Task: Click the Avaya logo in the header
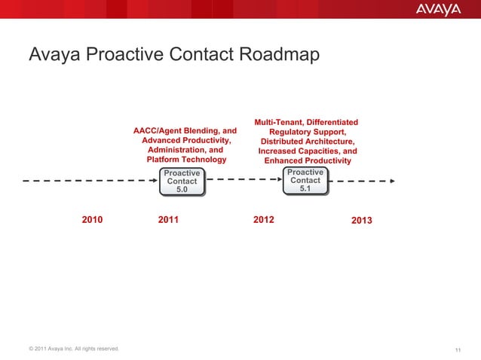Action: click(x=438, y=9)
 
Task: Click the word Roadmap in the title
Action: click(x=279, y=56)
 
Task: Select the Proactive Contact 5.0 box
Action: click(x=182, y=182)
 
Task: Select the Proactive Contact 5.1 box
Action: click(x=305, y=181)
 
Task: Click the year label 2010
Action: click(x=92, y=220)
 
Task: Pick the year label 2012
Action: click(x=264, y=220)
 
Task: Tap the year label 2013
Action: click(x=362, y=221)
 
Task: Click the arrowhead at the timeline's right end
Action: click(x=391, y=181)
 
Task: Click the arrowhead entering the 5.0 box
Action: click(x=152, y=181)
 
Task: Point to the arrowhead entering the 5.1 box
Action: click(x=277, y=181)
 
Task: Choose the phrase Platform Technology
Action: click(x=185, y=160)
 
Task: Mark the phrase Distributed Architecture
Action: click(x=308, y=142)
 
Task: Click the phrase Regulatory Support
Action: click(x=306, y=132)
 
